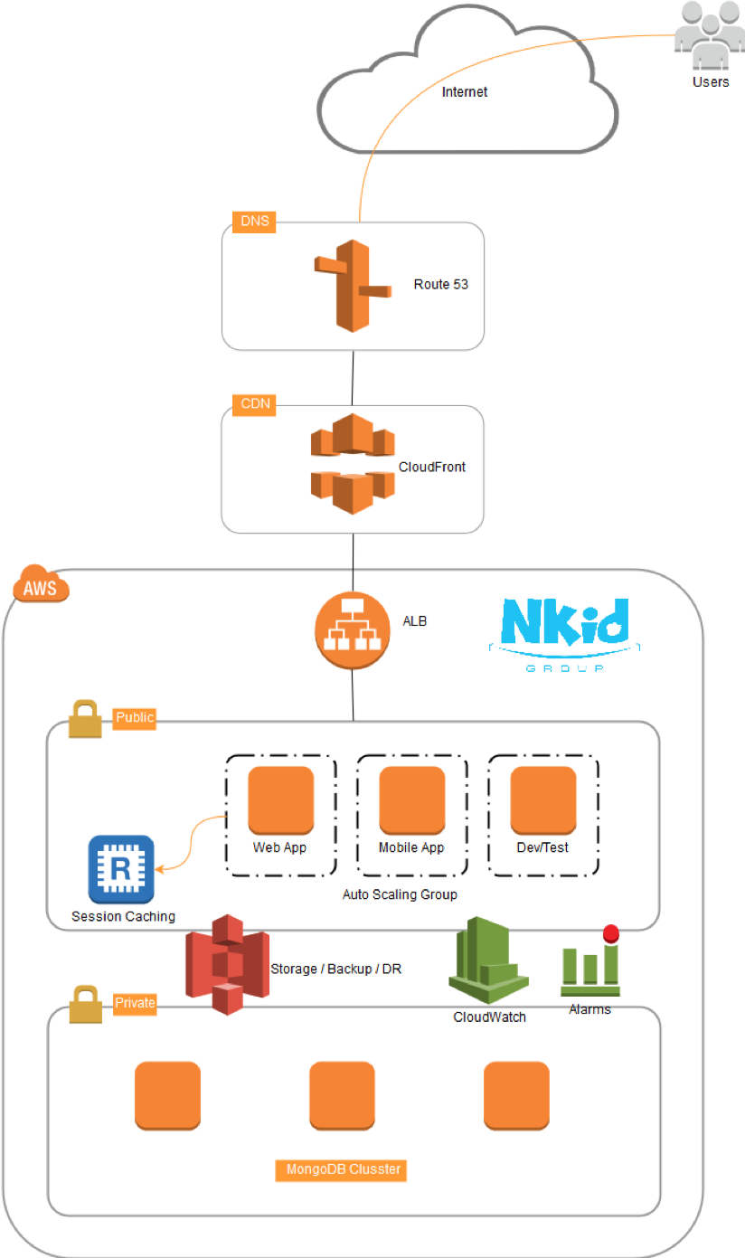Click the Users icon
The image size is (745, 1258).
tap(710, 37)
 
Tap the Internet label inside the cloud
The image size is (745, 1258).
tap(465, 92)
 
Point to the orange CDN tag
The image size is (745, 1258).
tap(255, 404)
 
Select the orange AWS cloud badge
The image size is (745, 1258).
tap(41, 588)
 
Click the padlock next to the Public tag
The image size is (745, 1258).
tap(84, 720)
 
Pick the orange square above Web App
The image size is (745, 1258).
tap(280, 799)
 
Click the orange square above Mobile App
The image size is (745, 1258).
tap(411, 799)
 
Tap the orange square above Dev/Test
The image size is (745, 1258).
tap(543, 799)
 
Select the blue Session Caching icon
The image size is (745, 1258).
tap(121, 868)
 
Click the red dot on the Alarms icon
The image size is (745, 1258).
tap(610, 933)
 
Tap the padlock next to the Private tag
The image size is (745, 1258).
tap(85, 1006)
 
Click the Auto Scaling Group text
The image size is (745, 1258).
tap(400, 894)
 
